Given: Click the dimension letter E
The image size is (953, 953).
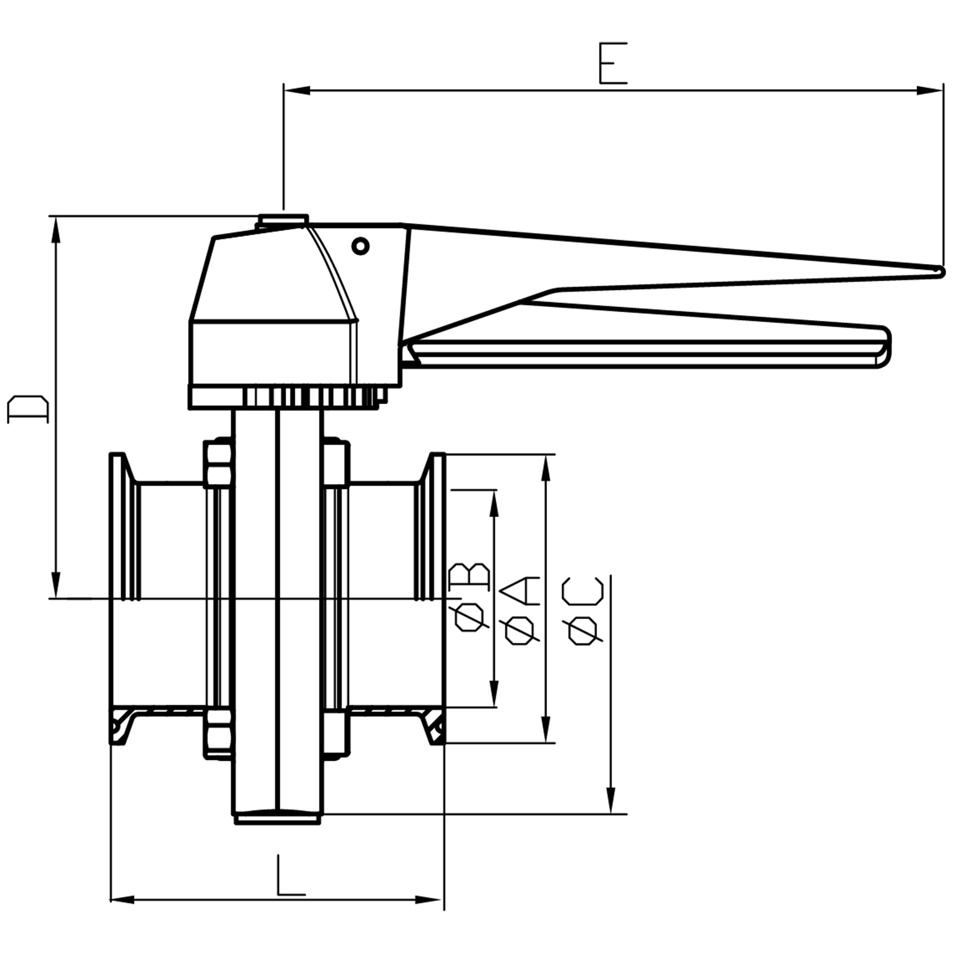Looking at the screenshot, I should coord(613,64).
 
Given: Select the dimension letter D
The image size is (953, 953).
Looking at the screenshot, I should coord(28,409).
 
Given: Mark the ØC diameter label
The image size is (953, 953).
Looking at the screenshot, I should coord(582,610).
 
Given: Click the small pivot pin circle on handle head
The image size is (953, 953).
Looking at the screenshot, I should coord(360,246).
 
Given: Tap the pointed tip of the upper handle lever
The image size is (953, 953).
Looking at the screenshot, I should coord(940,271).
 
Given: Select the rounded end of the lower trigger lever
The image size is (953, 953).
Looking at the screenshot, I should coord(884,347).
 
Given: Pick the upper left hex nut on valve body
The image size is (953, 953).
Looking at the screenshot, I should coord(217,463).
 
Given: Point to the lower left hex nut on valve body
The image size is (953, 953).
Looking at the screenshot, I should coord(217,733).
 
